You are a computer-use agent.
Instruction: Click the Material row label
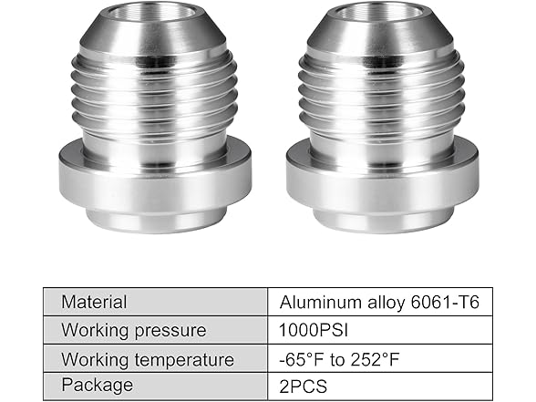(93, 302)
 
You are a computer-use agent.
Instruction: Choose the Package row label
(97, 386)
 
